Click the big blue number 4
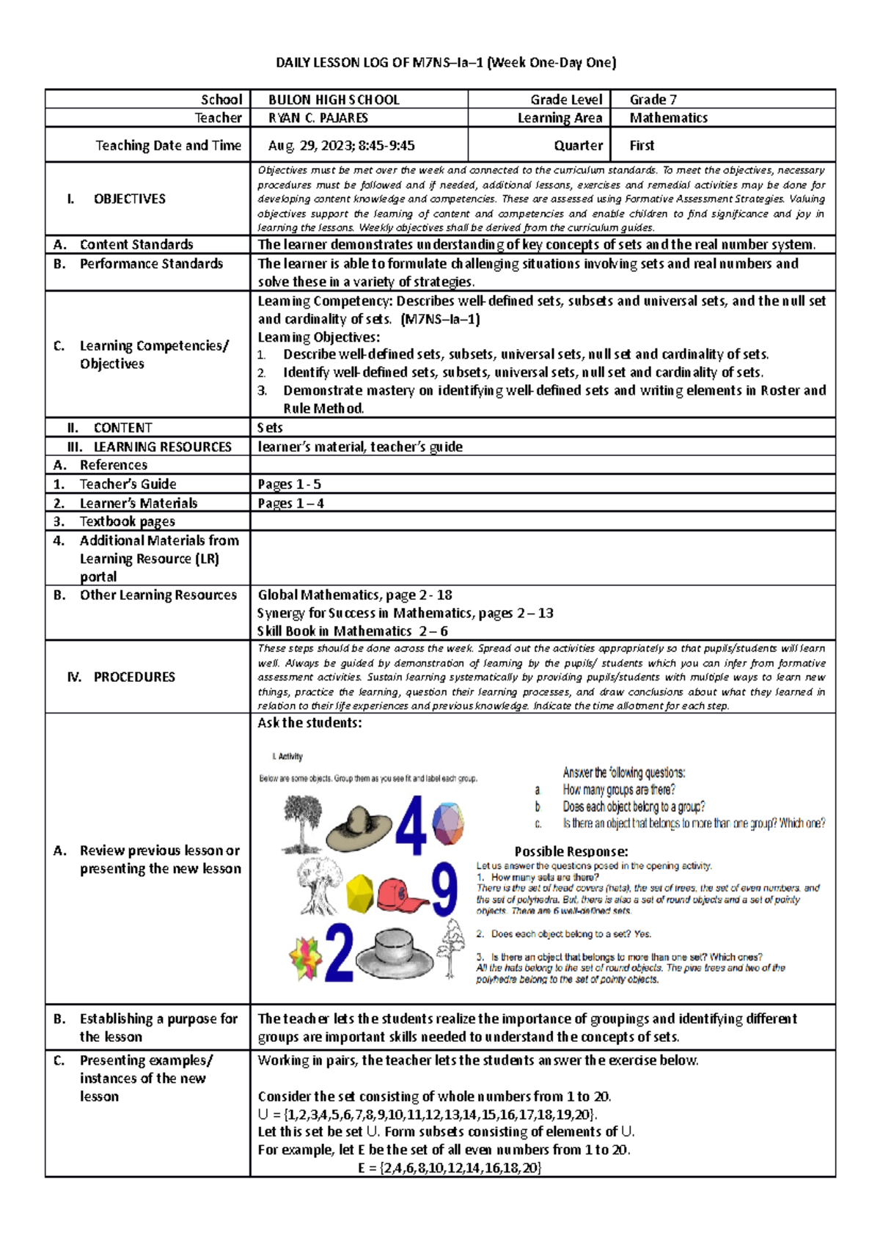tap(411, 826)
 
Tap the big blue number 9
tap(444, 889)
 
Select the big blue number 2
tap(339, 952)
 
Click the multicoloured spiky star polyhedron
tap(306, 958)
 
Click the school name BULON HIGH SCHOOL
tap(334, 100)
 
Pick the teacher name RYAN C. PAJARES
tap(318, 118)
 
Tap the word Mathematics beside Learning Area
tap(668, 118)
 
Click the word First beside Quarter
tap(642, 146)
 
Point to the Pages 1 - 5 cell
tap(289, 485)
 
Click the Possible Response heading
tap(571, 851)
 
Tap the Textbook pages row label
tap(127, 522)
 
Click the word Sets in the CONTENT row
tap(270, 428)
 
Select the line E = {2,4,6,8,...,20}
tap(450, 1168)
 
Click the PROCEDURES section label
tap(133, 677)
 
